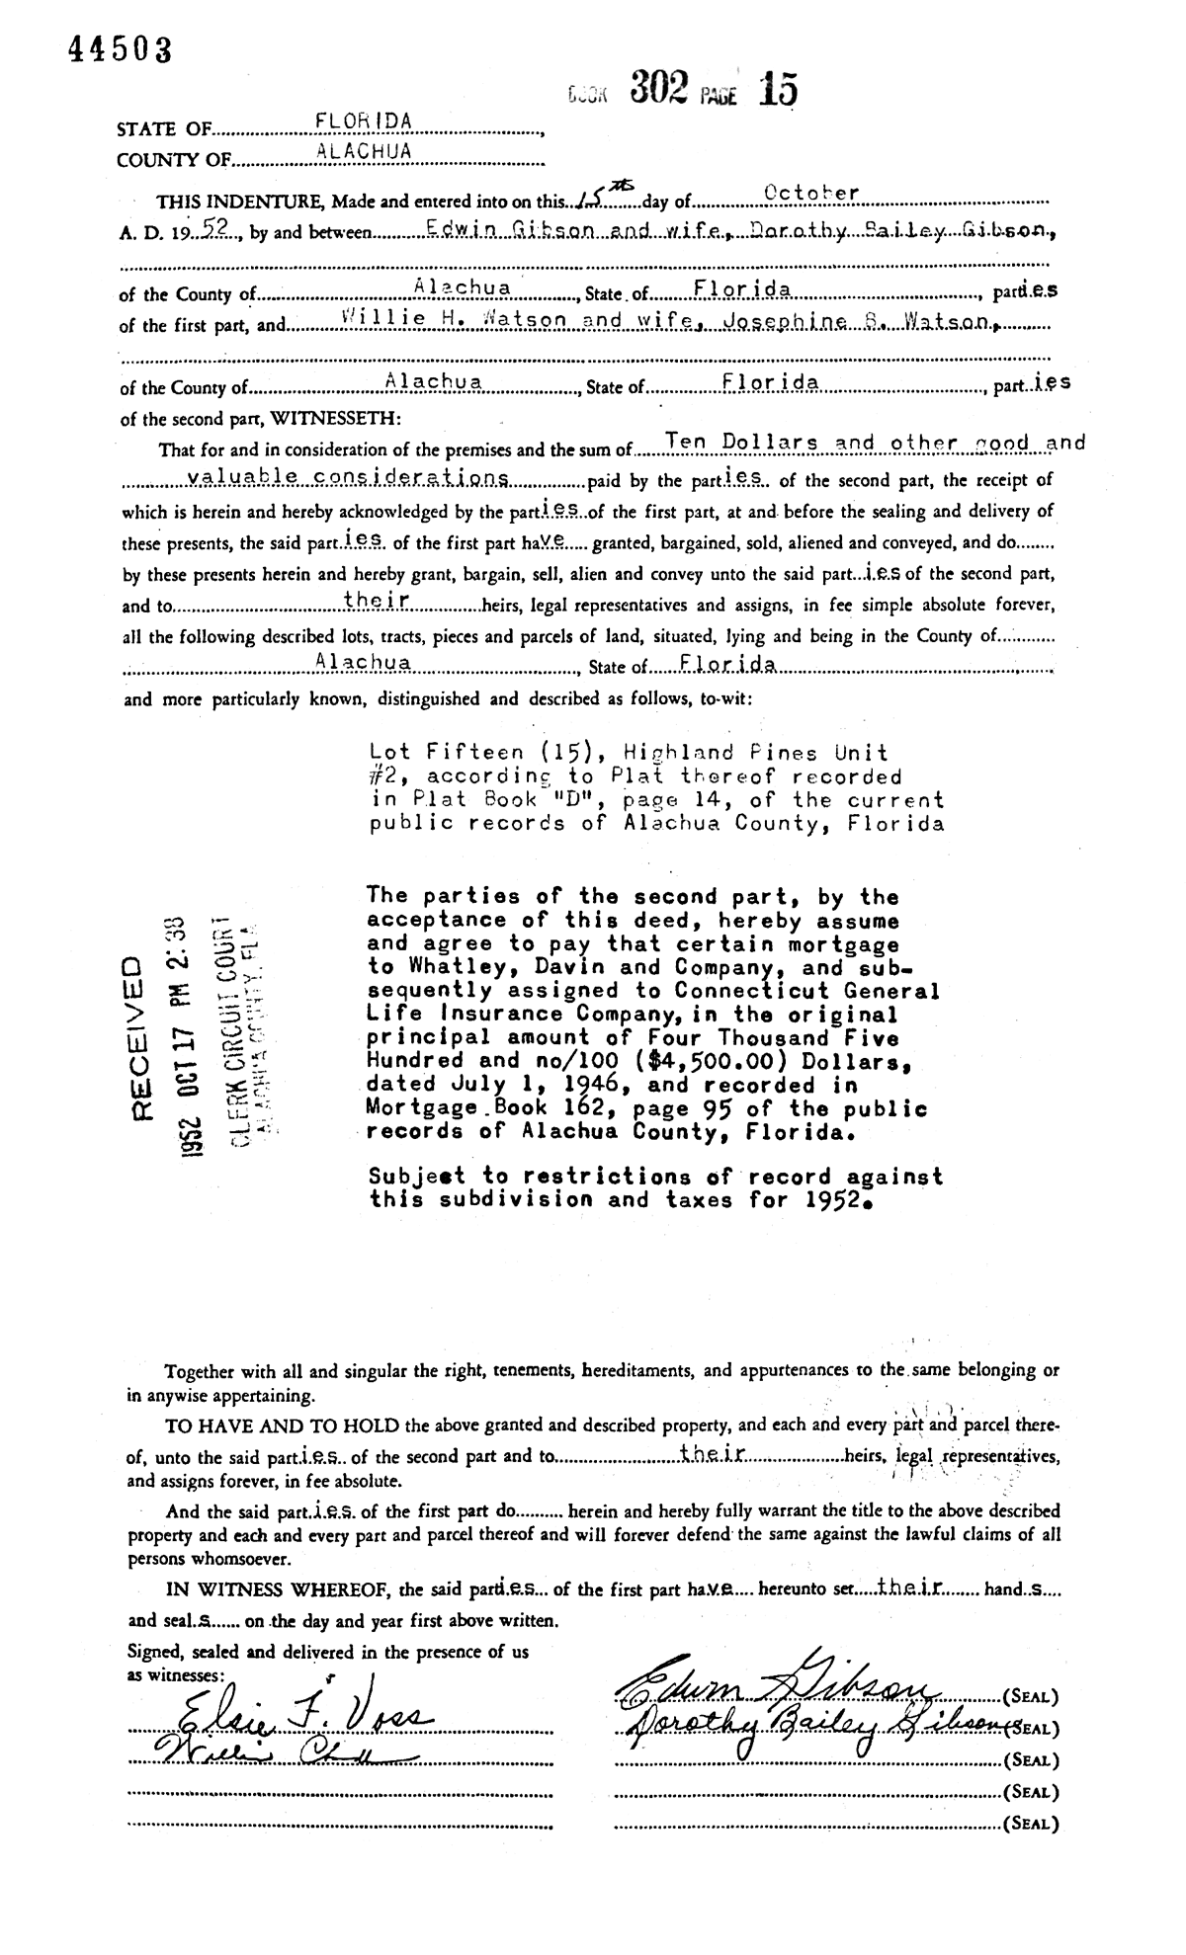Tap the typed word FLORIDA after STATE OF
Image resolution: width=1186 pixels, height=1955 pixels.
pos(363,121)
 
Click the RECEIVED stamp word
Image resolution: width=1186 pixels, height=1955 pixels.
pos(138,1036)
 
